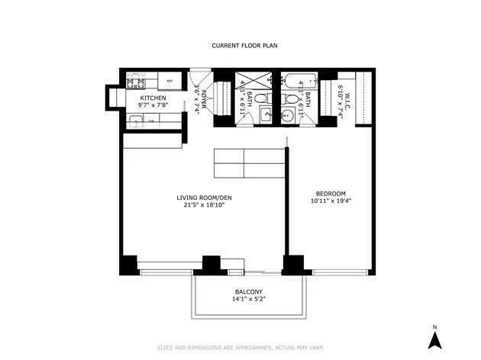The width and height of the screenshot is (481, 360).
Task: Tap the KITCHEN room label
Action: pos(152,98)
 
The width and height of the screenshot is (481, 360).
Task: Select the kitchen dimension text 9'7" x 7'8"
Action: pos(152,106)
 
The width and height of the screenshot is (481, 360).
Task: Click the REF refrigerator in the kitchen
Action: pos(169,80)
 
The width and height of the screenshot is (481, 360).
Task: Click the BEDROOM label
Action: pos(331,193)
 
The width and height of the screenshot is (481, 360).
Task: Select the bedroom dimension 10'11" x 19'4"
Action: pos(331,202)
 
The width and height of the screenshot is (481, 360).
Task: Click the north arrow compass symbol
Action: pos(434,340)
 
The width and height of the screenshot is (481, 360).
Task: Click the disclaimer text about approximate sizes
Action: pos(240,346)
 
